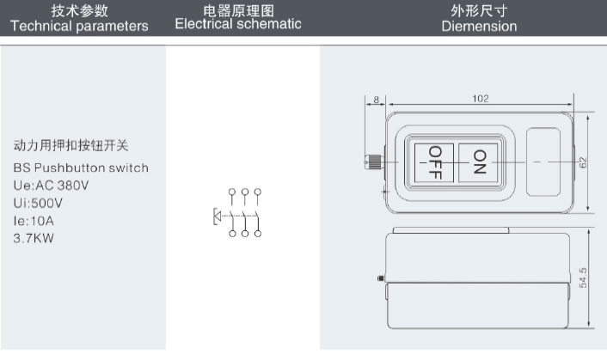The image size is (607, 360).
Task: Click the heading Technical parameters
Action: (x=79, y=26)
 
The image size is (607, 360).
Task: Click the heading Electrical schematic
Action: (x=238, y=24)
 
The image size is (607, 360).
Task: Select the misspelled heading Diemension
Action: (x=479, y=27)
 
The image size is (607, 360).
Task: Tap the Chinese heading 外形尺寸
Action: (x=479, y=10)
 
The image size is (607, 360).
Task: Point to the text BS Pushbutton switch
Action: (x=81, y=168)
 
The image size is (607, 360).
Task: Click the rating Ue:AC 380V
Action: (x=51, y=185)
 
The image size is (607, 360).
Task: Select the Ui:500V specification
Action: (x=38, y=203)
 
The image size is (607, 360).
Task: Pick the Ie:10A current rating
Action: (x=34, y=221)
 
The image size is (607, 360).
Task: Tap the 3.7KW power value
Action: (x=34, y=238)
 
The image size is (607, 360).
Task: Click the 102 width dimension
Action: (x=481, y=99)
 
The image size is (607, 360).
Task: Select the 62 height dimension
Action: (x=582, y=162)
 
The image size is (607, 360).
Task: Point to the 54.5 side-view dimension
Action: (x=583, y=278)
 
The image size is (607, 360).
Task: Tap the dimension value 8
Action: (x=376, y=100)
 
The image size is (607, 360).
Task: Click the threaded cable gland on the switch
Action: (x=376, y=161)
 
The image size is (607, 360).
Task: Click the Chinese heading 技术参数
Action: (x=79, y=10)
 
